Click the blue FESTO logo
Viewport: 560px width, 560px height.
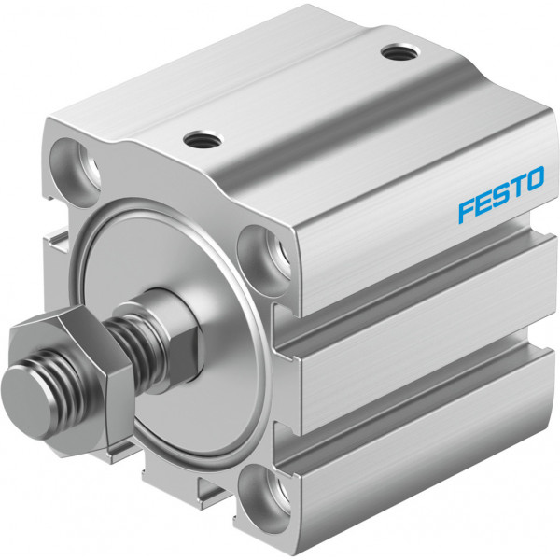pyautogui.click(x=501, y=195)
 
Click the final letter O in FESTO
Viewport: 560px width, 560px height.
pyautogui.click(x=533, y=179)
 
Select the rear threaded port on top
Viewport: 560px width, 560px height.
pyautogui.click(x=400, y=53)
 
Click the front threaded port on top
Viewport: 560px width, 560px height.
pyautogui.click(x=203, y=140)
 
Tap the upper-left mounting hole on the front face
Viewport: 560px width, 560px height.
pyautogui.click(x=76, y=172)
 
